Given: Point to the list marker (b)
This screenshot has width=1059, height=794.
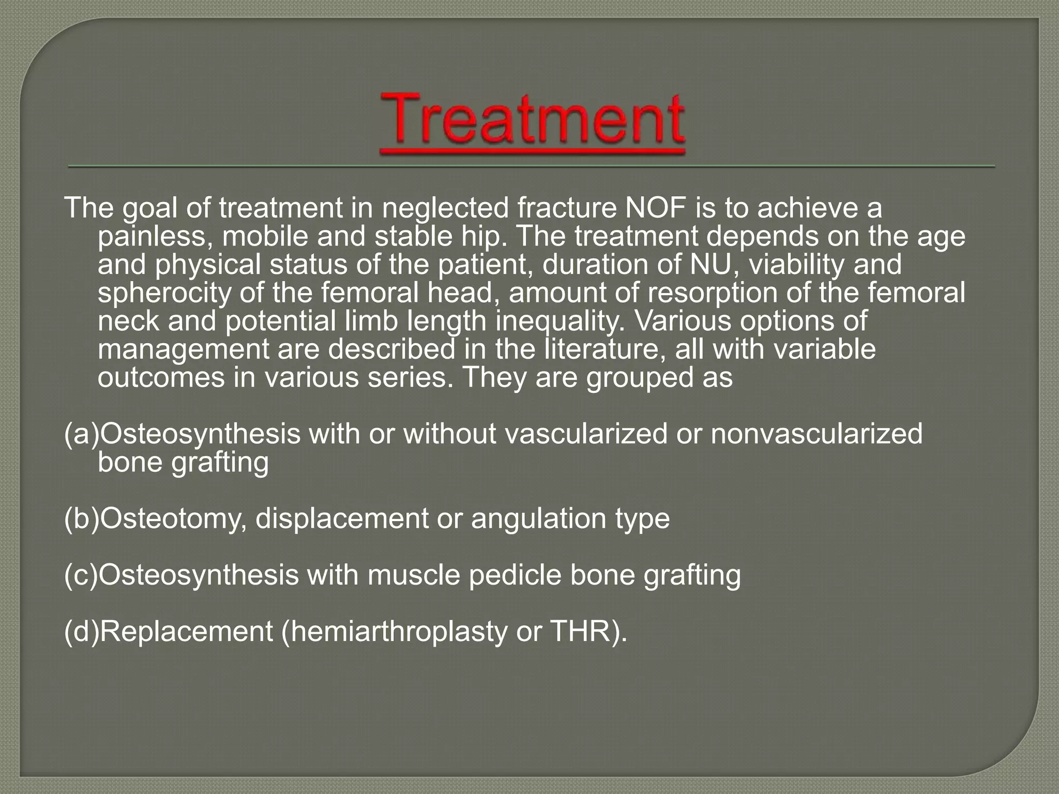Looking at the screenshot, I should (x=81, y=518).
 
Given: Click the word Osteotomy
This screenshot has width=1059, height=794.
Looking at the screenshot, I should (x=173, y=518).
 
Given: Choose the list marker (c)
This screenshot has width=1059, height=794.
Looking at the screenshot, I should (x=81, y=575).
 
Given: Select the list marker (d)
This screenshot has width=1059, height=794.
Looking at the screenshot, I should (x=81, y=631).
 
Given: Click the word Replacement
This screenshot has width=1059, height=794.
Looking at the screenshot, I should (x=186, y=631).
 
